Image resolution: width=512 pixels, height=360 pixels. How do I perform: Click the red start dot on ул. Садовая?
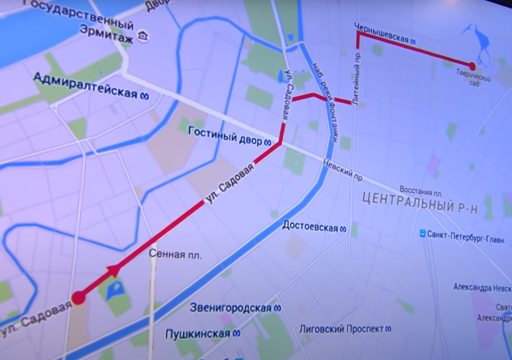(x=79, y=298)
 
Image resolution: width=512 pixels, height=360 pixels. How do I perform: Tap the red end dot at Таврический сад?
(x=472, y=66)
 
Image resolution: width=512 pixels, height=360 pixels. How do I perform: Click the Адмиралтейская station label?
(x=85, y=85)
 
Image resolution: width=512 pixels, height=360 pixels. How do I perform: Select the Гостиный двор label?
(x=225, y=136)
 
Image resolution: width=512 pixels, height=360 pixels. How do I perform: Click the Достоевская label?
(x=310, y=227)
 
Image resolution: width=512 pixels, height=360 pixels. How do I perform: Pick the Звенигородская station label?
(x=231, y=307)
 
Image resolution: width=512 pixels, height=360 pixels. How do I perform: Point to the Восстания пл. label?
(x=420, y=189)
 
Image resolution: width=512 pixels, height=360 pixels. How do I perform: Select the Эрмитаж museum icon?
(x=143, y=37)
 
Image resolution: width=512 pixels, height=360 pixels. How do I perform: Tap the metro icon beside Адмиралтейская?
(x=145, y=97)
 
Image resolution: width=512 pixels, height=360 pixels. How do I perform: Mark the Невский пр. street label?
(x=337, y=169)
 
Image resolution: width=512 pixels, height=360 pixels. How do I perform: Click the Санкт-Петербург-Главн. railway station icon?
(x=422, y=234)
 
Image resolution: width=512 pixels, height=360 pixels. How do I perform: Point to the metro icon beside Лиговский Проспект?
(x=388, y=329)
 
